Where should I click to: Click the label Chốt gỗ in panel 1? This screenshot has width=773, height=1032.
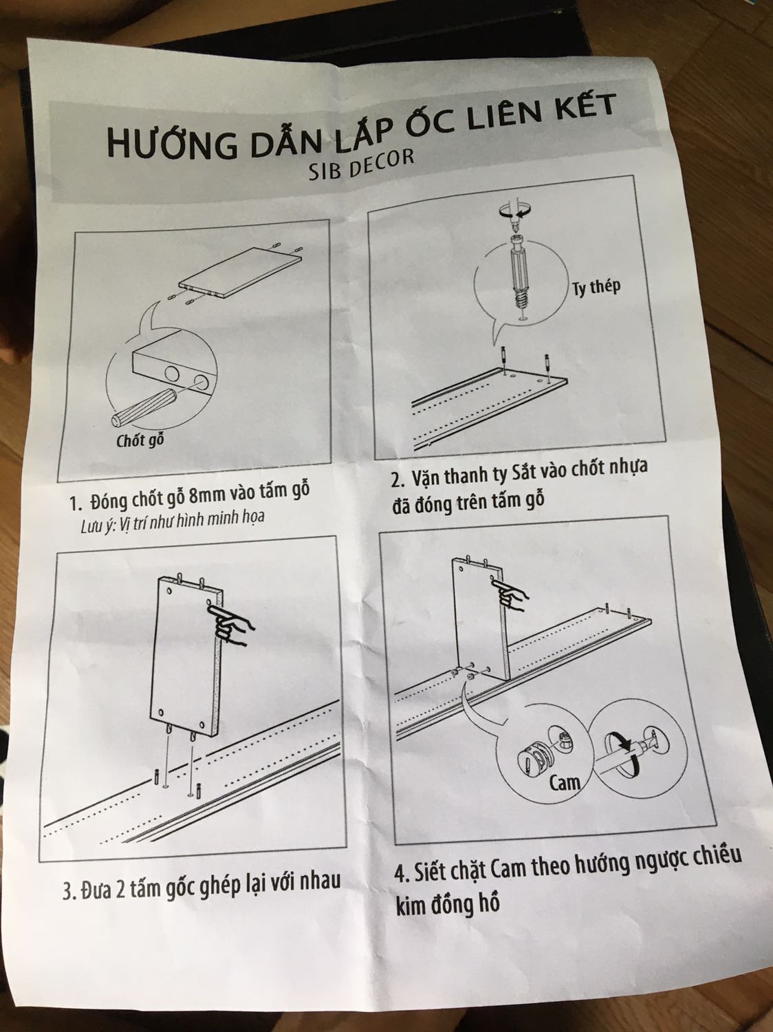click(140, 439)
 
